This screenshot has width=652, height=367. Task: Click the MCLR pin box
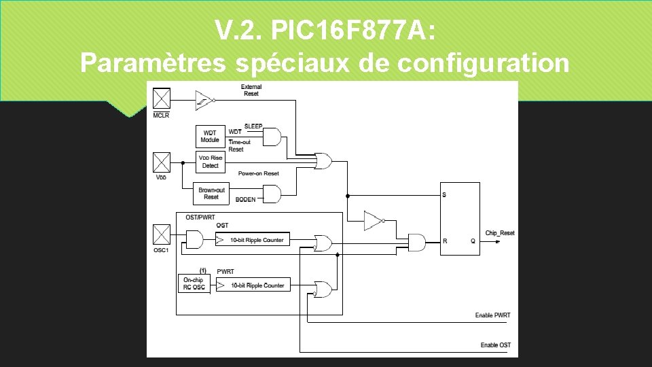pos(162,99)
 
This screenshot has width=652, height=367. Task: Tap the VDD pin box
pos(162,162)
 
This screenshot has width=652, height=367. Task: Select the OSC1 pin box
pos(162,235)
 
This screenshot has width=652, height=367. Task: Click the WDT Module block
pos(210,136)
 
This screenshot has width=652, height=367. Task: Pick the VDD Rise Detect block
pos(211,162)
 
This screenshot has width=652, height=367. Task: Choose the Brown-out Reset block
pos(211,194)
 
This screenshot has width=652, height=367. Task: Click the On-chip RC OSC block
pos(194,284)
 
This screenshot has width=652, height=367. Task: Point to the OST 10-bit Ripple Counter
pos(251,240)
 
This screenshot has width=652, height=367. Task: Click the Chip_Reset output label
pos(499,233)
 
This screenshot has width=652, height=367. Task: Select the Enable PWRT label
pos(492,315)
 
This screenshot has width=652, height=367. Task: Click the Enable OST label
pos(495,345)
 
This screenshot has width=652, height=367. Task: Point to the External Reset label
pos(251,90)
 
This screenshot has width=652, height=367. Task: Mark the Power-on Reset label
pos(258,174)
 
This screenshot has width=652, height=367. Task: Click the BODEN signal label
pos(245,200)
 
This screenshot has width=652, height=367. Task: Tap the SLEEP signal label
pos(253,127)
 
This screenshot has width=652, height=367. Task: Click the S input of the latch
pos(445,196)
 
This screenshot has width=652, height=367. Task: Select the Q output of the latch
pos(472,241)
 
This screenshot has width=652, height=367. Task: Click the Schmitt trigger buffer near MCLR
pos(204,99)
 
